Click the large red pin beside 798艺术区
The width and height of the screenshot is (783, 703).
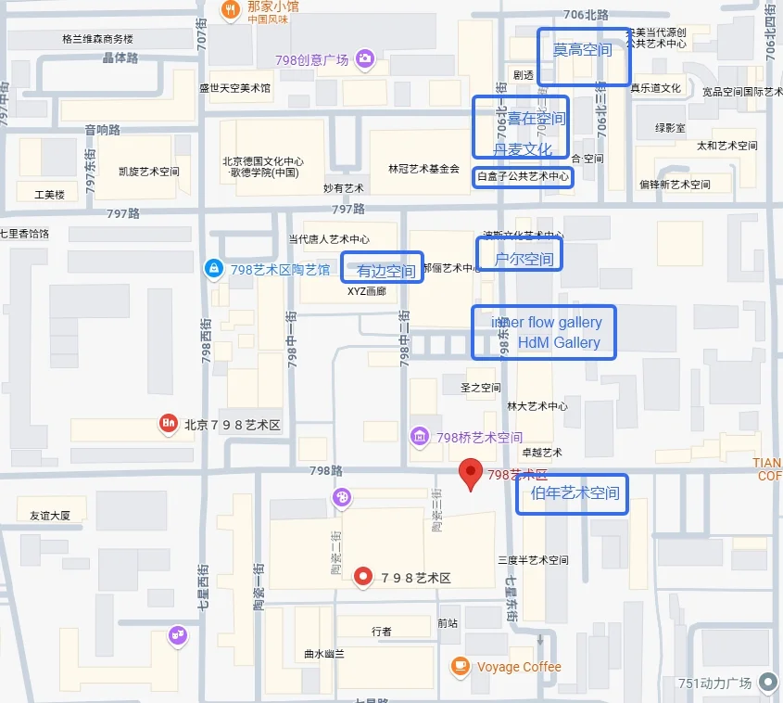pos(472,474)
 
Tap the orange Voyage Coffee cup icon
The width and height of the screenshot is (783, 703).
pos(459,666)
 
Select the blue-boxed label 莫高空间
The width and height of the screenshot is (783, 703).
pos(583,50)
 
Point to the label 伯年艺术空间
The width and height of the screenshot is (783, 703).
pos(575,493)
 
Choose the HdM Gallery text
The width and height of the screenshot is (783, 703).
pos(559,343)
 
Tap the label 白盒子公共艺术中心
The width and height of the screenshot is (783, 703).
pos(523,176)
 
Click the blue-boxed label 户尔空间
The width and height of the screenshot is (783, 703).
pos(524,259)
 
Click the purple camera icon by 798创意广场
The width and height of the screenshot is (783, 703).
pos(365,59)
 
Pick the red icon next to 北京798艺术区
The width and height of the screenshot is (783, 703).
pos(168,425)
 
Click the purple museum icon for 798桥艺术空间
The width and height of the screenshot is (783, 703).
pos(420,437)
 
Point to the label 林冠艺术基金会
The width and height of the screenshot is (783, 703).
pos(423,169)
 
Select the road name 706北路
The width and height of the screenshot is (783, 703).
pos(586,15)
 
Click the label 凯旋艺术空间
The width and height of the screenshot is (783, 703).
pos(149,172)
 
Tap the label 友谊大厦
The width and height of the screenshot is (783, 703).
pos(50,516)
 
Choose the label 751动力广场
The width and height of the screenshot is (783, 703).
pos(714,684)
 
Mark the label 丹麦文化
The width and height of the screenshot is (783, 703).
pos(523,149)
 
